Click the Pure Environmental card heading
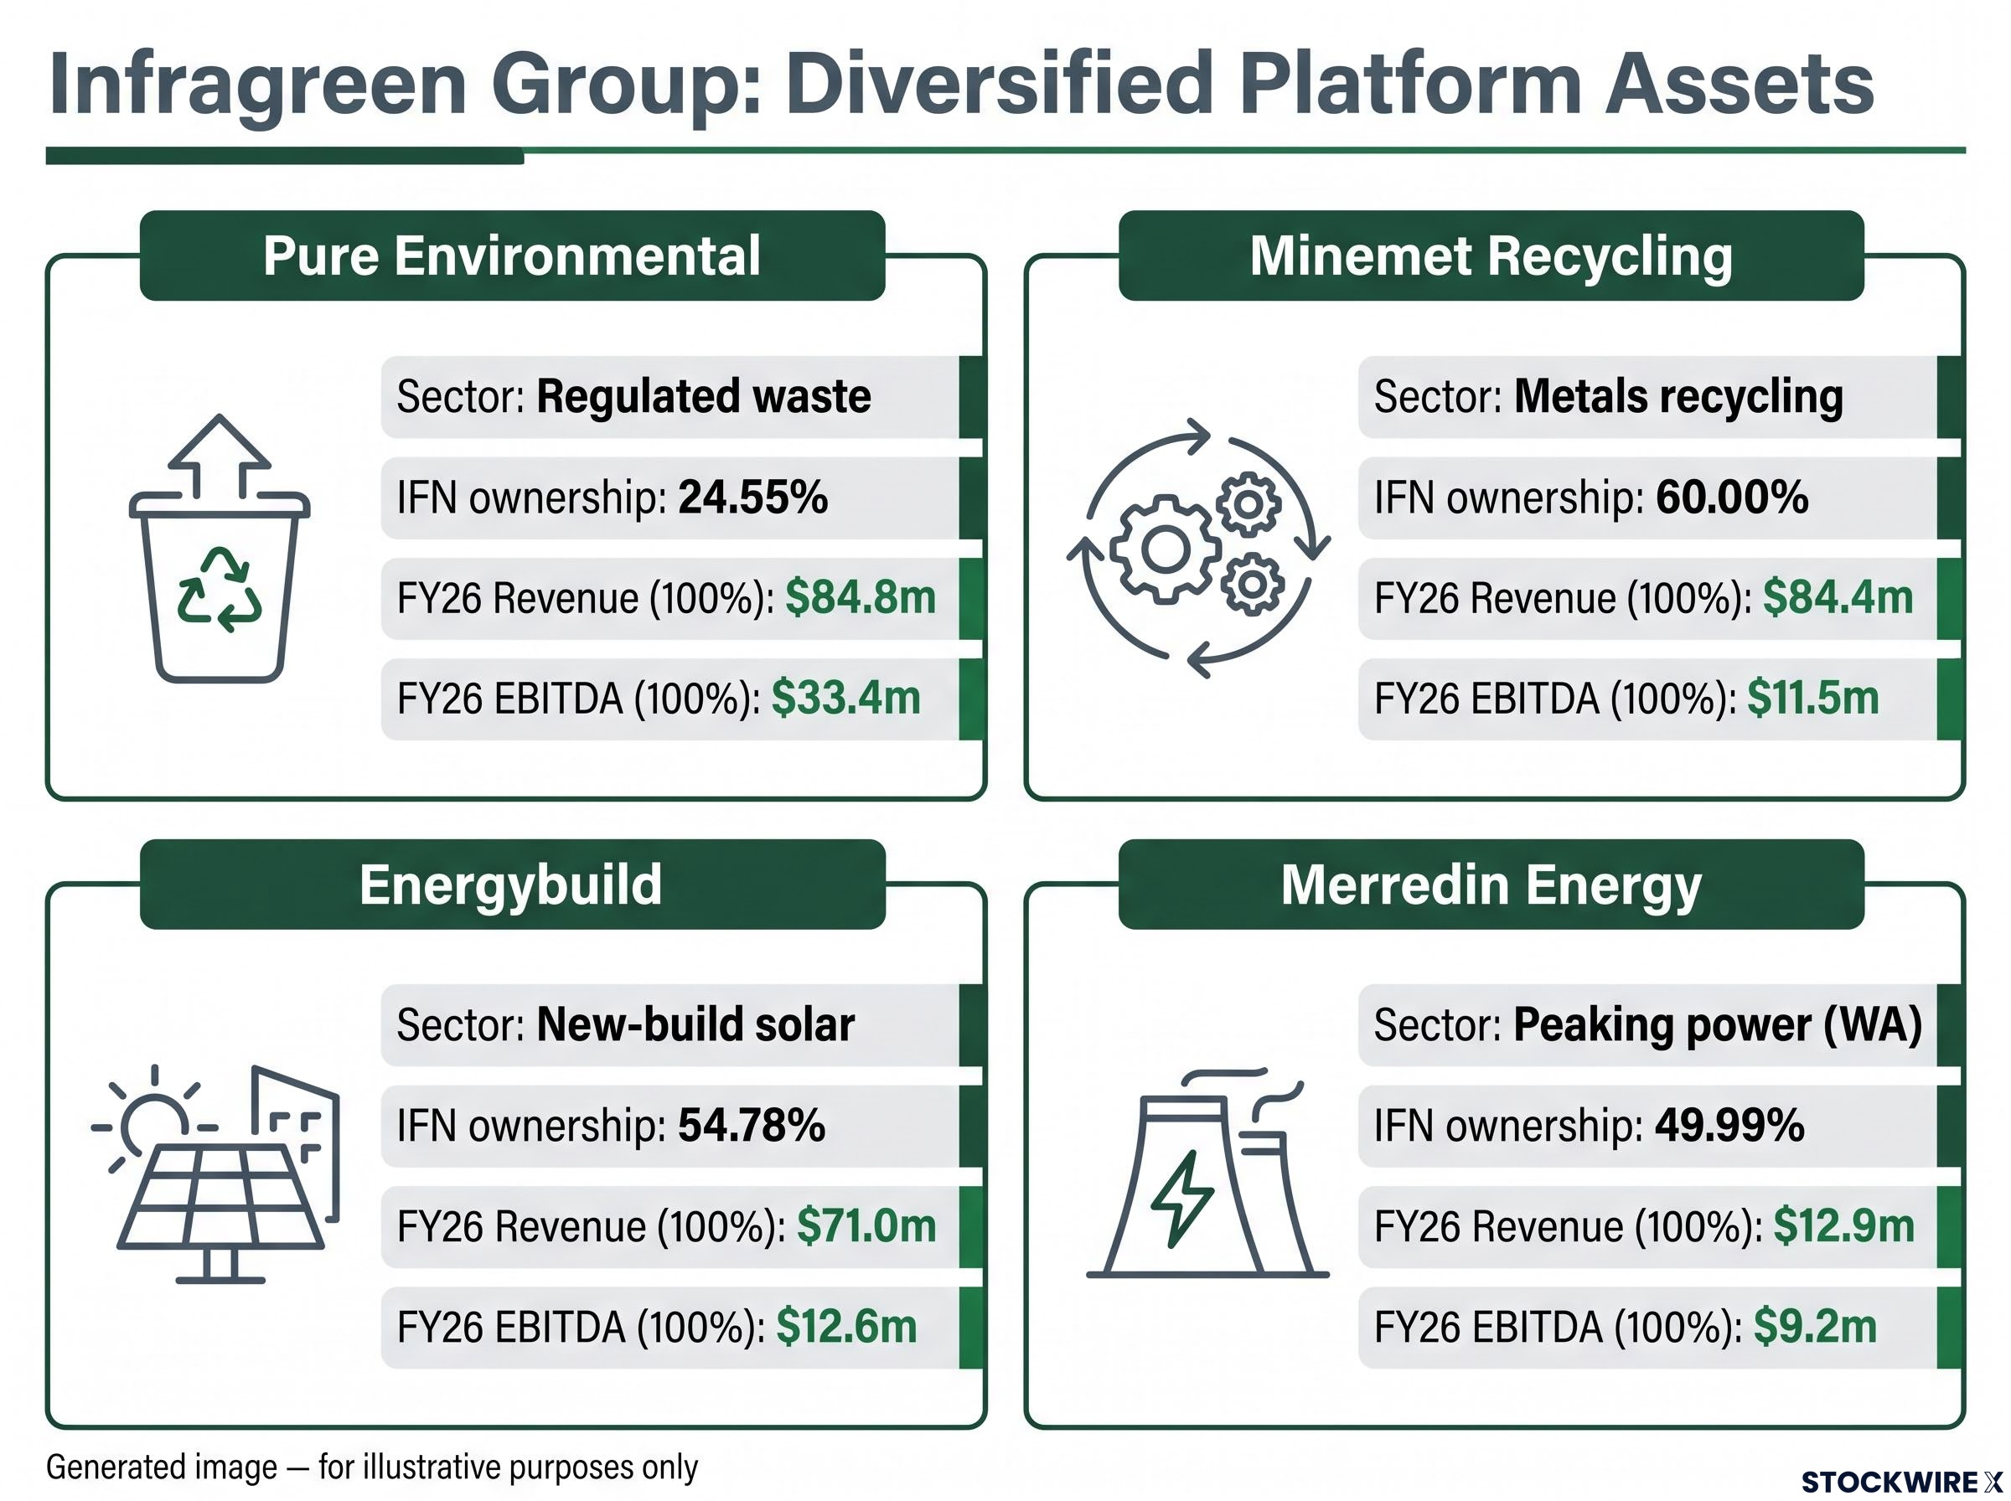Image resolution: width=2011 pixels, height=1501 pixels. pos(512,255)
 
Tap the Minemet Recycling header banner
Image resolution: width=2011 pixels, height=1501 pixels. pos(1491,255)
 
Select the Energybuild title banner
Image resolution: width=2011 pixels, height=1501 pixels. pos(512,884)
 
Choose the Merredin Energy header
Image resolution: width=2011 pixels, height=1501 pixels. pos(1491,884)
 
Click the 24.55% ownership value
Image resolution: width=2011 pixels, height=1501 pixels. pos(753,498)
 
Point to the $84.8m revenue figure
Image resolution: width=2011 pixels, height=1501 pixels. pos(861,598)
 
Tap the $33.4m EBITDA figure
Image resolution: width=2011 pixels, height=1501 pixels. pos(846,699)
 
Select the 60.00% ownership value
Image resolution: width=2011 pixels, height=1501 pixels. pos(1732,498)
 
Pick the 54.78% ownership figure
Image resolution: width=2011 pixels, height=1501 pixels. pos(752,1126)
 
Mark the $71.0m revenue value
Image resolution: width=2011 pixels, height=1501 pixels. pos(867,1226)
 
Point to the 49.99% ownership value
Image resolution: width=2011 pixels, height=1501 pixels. pos(1729,1126)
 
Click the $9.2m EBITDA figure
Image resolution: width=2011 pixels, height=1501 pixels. pos(1815,1327)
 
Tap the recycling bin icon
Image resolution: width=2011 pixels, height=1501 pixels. pos(220,549)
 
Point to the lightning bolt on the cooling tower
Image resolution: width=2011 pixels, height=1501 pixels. pos(1182,1199)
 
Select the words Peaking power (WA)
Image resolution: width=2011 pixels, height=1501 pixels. pos(1718,1026)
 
